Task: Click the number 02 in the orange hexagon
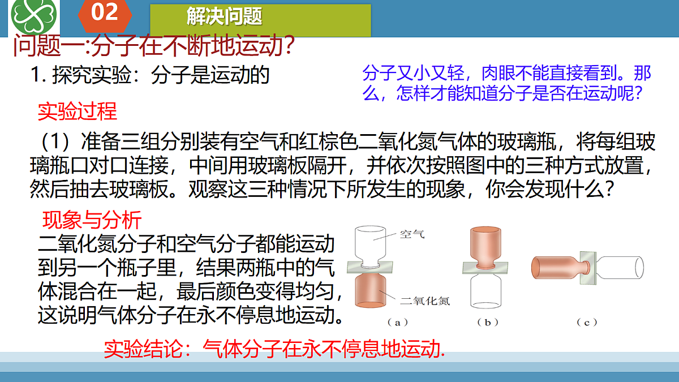[x=105, y=12]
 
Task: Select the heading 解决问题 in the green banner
[x=225, y=17]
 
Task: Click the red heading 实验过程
[x=77, y=111]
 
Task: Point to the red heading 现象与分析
[x=92, y=220]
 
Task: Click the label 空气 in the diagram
[x=412, y=234]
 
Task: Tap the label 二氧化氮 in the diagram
[x=424, y=301]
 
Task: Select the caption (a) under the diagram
[x=397, y=323]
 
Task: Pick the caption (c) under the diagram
[x=587, y=323]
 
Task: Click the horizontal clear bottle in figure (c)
[x=620, y=267]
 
